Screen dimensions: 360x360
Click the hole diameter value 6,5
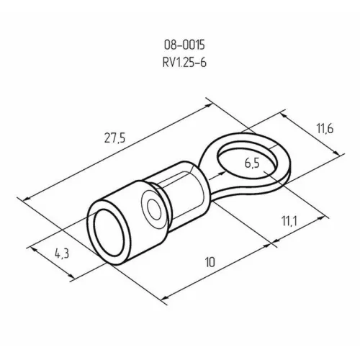253,163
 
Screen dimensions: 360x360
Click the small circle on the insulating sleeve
152,210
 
